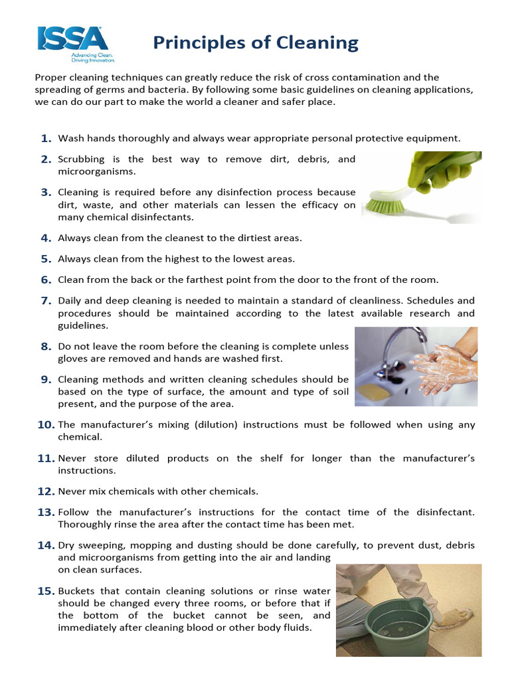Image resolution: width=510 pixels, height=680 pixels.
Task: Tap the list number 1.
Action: pyautogui.click(x=46, y=139)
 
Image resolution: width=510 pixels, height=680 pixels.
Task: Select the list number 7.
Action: pyautogui.click(x=46, y=301)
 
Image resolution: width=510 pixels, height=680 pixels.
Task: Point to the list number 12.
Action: pyautogui.click(x=45, y=492)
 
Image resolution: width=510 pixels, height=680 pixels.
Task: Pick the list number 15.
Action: pyautogui.click(x=45, y=591)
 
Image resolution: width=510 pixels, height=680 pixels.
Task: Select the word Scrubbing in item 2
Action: pyautogui.click(x=87, y=159)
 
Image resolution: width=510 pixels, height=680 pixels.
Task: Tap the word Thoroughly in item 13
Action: pyautogui.click(x=87, y=525)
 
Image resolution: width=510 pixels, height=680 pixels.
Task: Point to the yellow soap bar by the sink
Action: pyautogui.click(x=373, y=392)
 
